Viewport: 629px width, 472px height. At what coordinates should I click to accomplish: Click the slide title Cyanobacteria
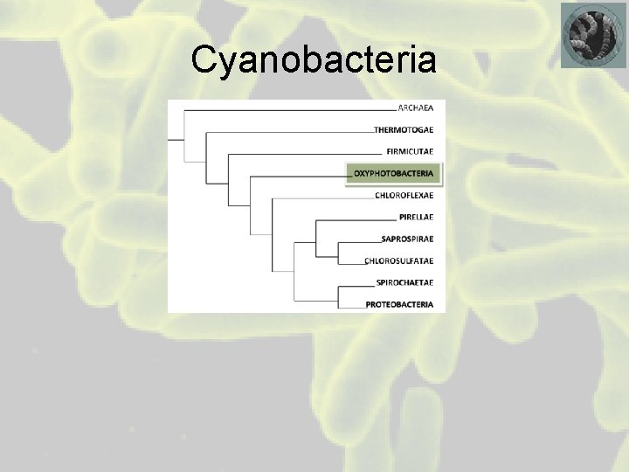click(314, 59)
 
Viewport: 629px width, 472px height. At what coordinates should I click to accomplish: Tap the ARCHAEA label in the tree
click(415, 108)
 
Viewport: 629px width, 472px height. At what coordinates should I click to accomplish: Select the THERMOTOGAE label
click(404, 130)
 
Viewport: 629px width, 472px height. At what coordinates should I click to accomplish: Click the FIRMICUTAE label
click(409, 151)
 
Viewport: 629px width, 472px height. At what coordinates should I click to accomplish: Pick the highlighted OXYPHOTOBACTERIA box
click(393, 173)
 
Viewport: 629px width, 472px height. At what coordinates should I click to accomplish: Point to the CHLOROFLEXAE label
click(404, 195)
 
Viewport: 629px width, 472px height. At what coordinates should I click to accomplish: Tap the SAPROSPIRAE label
click(407, 238)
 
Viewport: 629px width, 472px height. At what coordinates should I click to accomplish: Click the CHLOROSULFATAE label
click(398, 260)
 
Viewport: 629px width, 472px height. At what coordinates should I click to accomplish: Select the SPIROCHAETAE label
click(404, 281)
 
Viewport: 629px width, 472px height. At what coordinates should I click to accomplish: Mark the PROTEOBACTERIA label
click(399, 304)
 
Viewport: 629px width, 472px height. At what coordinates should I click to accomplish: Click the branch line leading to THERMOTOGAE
click(297, 132)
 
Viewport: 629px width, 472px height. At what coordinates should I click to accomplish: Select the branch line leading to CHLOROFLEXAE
click(323, 198)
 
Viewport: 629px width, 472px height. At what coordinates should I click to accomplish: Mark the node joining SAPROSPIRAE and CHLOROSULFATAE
click(338, 248)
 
